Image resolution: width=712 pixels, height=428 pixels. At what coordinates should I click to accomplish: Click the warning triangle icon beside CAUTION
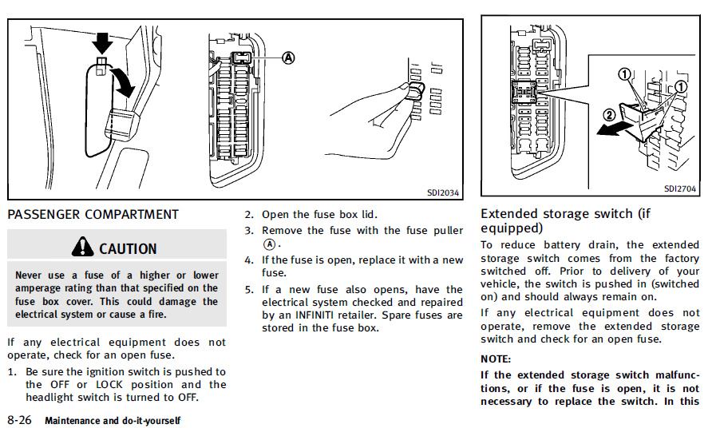(x=81, y=248)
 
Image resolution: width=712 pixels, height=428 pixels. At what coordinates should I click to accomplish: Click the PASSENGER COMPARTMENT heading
(x=93, y=214)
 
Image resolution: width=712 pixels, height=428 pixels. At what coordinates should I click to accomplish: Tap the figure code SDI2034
(x=443, y=192)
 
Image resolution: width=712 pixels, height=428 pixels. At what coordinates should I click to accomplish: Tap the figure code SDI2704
(x=680, y=189)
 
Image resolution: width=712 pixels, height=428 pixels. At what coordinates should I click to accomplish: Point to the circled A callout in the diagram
(x=288, y=57)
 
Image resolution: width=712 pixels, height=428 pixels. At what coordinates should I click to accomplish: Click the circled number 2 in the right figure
(x=608, y=115)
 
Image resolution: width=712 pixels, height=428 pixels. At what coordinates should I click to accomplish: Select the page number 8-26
(x=19, y=419)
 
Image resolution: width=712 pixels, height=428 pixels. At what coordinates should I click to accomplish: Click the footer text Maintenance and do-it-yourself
(x=113, y=420)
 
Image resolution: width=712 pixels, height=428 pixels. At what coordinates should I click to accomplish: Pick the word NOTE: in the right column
(x=496, y=359)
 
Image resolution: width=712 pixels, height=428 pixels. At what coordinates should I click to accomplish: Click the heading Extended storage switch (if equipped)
(x=566, y=220)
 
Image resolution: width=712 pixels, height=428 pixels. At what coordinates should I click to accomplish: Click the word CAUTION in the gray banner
(x=128, y=248)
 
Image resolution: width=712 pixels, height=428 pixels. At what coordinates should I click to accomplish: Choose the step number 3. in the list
(x=249, y=230)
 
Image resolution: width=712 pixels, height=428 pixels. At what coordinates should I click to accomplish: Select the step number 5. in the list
(x=249, y=289)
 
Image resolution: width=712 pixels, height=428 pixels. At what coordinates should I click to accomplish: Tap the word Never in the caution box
(x=30, y=275)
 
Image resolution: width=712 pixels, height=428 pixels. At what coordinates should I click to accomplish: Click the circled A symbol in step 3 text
(x=270, y=244)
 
